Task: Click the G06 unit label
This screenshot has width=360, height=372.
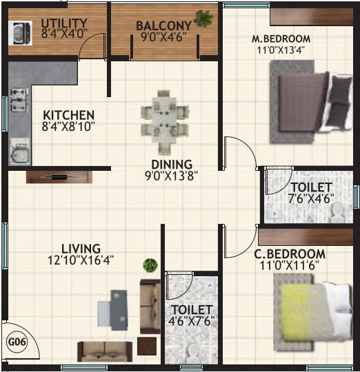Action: click(x=14, y=340)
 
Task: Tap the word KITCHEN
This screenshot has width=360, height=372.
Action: click(x=68, y=114)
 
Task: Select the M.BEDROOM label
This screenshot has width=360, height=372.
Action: click(x=281, y=38)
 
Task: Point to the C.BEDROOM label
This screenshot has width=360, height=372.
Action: click(x=290, y=254)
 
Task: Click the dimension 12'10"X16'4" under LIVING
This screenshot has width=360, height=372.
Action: click(x=81, y=260)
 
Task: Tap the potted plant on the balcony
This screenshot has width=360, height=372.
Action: click(x=203, y=19)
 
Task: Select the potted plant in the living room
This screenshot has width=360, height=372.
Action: click(x=150, y=265)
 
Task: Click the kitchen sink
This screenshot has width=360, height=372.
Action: click(x=19, y=151)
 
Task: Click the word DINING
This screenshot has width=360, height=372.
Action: click(x=172, y=164)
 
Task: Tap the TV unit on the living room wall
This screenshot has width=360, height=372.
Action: click(x=59, y=176)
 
